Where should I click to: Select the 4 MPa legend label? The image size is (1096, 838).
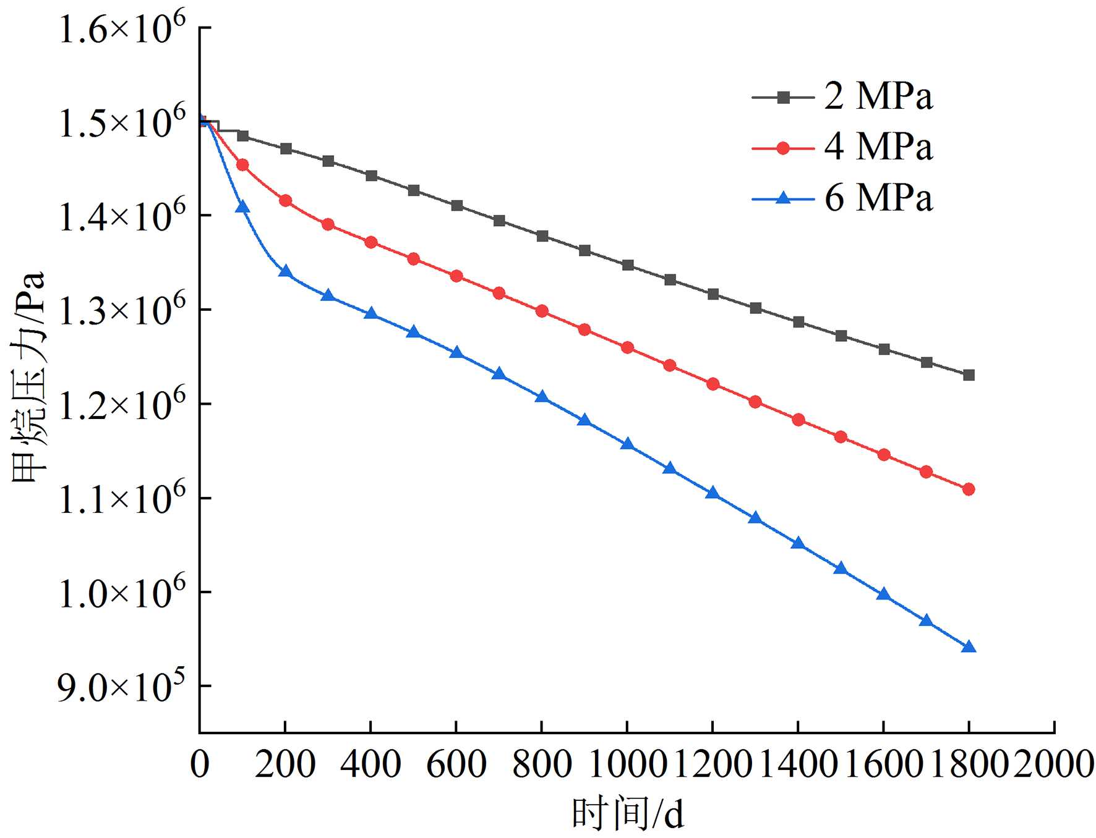tap(878, 148)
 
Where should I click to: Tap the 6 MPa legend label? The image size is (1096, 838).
tap(878, 198)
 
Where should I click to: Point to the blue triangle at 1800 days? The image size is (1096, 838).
tap(969, 647)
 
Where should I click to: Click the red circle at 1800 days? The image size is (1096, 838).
tap(969, 489)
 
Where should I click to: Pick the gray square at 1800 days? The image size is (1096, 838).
tap(969, 375)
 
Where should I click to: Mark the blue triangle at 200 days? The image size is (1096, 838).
tap(285, 271)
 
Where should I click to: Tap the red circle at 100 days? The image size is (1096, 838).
tap(242, 165)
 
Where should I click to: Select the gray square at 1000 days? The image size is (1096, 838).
tap(628, 265)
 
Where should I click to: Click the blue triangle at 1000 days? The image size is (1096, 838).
tap(628, 444)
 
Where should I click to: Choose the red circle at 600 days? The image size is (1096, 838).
tap(456, 276)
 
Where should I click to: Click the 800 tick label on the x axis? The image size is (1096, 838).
tap(542, 764)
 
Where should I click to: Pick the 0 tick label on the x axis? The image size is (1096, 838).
tap(200, 764)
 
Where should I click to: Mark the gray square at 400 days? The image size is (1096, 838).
tap(371, 176)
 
